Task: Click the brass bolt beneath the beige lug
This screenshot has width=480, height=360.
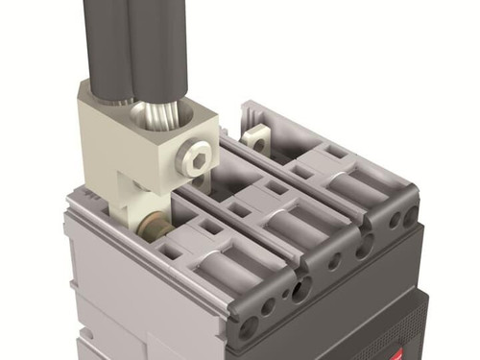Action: pos(151,230)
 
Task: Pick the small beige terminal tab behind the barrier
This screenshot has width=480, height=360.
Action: pos(256,135)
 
